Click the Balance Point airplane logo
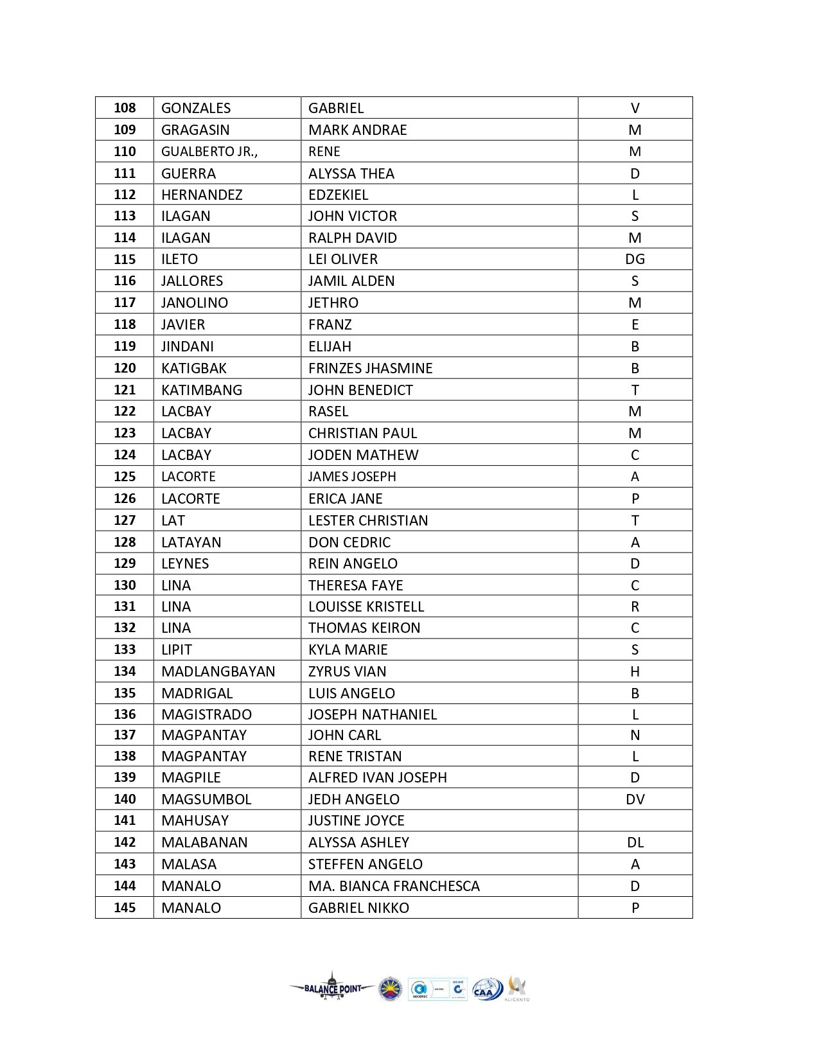[331, 988]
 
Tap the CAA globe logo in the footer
[488, 989]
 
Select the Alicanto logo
[517, 987]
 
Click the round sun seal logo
[391, 989]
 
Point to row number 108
[125, 108]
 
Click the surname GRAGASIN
[195, 130]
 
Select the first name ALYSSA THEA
[351, 173]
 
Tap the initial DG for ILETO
[635, 260]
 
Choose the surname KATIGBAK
[194, 368]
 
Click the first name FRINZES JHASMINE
[371, 368]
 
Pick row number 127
[125, 520]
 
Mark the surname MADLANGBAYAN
[218, 671]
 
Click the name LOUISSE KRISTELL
[366, 606]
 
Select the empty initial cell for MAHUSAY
[635, 820]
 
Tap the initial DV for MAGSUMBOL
[635, 799]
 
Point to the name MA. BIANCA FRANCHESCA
[394, 886]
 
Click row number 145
[125, 908]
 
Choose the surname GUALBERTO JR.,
[209, 152]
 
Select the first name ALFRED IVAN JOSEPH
[378, 777]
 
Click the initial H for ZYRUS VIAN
[635, 671]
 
